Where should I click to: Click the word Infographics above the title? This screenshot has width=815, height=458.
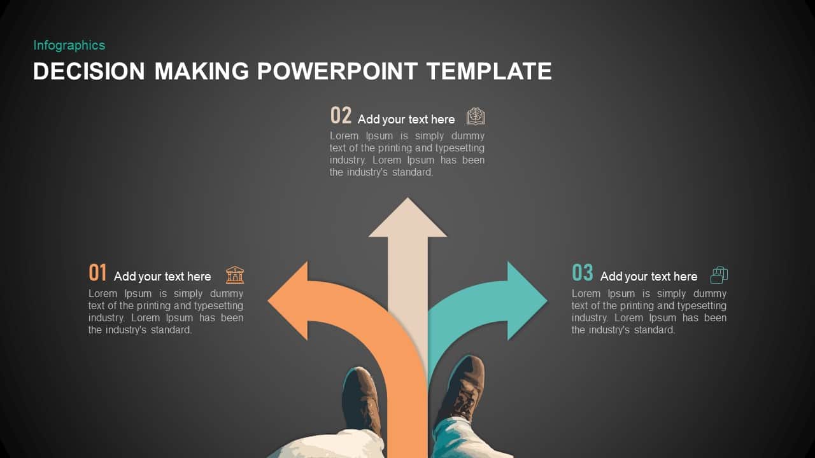point(69,45)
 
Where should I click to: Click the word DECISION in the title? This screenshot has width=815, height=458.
point(89,71)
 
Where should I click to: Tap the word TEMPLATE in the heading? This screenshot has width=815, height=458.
point(488,71)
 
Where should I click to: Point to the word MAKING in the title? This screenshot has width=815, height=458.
point(201,71)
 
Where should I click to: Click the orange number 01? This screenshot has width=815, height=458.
point(97,273)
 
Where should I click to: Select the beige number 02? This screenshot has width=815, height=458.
point(341,116)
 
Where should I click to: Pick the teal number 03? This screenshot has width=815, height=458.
point(582,273)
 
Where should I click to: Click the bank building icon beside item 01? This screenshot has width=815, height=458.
point(235,275)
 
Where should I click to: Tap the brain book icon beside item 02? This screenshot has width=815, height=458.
point(476,116)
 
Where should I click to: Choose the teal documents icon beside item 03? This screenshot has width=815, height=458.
point(719,275)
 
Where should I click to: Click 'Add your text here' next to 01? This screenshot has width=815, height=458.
point(162,277)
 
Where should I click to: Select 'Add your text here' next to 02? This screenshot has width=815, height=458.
point(406,120)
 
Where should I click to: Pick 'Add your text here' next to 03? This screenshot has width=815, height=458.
point(648,277)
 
